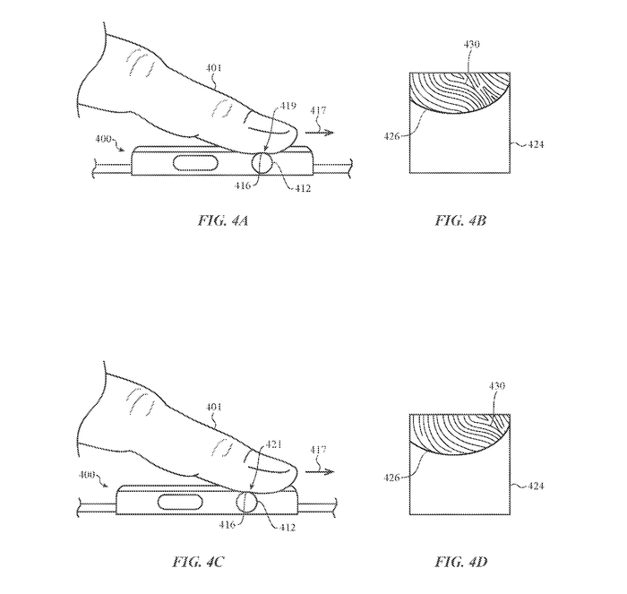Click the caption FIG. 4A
tap(223, 220)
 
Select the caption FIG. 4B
tap(460, 220)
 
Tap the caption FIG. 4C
tap(198, 562)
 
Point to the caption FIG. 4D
tap(460, 562)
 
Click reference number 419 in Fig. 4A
tap(288, 106)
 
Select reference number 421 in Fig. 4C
tap(273, 444)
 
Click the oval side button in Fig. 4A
tap(195, 163)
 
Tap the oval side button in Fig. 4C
tap(181, 502)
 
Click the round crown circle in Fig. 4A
tap(262, 163)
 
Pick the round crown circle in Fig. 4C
tap(246, 502)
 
